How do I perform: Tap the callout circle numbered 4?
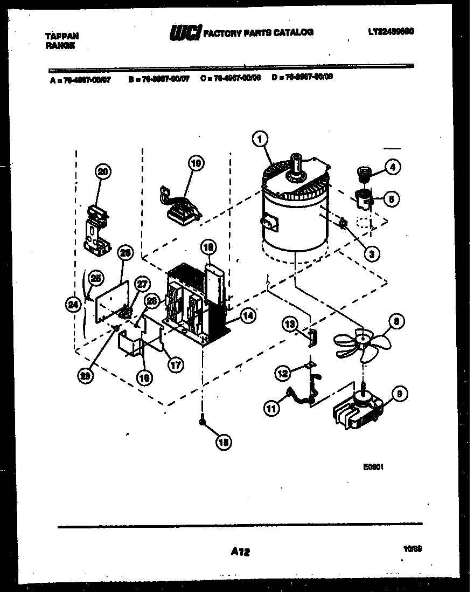pos(393,168)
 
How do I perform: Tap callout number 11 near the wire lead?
pos(273,408)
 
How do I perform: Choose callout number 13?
pos(290,323)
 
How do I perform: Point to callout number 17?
pos(176,365)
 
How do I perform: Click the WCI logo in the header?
pos(185,33)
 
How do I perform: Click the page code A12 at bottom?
pos(240,551)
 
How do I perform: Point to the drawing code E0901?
pos(373,468)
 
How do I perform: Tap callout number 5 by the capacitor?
pos(392,199)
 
